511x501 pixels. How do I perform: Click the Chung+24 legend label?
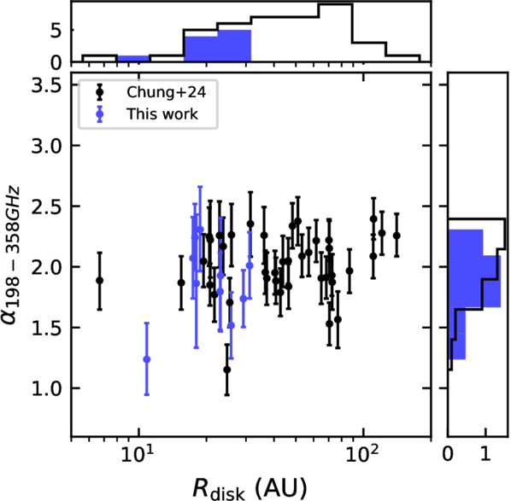(167, 92)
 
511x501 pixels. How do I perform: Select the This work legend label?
(162, 114)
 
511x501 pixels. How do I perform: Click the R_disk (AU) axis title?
(250, 488)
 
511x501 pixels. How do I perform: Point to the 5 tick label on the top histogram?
(56, 32)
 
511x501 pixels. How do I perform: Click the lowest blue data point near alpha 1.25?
(147, 359)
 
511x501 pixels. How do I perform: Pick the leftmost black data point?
(100, 281)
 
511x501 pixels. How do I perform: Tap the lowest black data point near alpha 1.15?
(227, 370)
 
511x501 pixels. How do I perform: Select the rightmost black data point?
(396, 236)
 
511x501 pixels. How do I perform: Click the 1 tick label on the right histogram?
(485, 453)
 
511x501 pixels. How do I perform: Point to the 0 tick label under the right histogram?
(448, 453)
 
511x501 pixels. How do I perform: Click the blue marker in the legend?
(100, 114)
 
